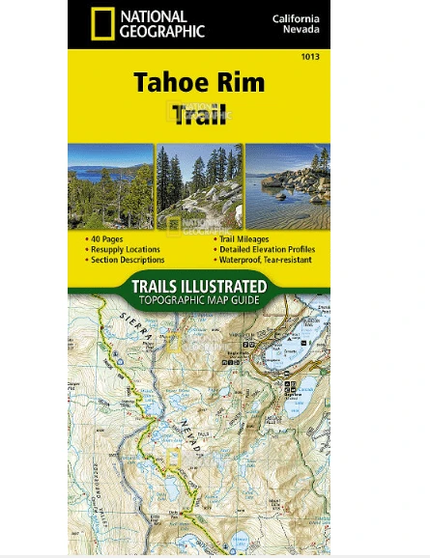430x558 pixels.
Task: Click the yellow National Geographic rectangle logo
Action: coord(100,24)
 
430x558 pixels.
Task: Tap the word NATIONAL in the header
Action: coord(155,15)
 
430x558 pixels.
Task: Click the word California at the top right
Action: coord(296,18)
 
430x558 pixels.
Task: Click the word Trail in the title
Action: coord(200,115)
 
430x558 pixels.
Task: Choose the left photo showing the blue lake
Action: coord(110,186)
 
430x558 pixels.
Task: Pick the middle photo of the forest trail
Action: coord(199,186)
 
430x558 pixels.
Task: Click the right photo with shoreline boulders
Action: coord(288,186)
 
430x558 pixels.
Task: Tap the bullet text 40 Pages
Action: coord(108,238)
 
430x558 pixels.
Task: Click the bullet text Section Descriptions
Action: coord(128,260)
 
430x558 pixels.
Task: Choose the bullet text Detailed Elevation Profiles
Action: coord(266,249)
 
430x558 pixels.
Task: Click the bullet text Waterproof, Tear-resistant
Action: coord(265,260)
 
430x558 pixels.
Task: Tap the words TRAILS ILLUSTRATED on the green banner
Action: coord(199,286)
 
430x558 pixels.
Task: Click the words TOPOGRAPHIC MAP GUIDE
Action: coord(199,300)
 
